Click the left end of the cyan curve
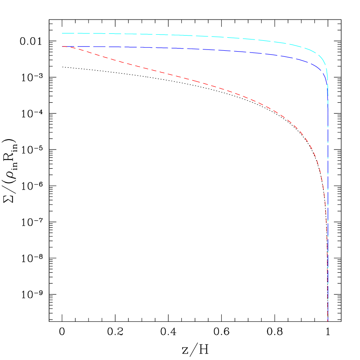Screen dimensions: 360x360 point(62,33)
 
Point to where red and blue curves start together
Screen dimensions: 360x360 point(63,46)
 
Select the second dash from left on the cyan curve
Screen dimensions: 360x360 point(83,33)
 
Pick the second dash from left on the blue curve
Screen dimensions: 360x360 point(83,46)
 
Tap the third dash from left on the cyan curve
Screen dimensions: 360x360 point(98,33)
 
